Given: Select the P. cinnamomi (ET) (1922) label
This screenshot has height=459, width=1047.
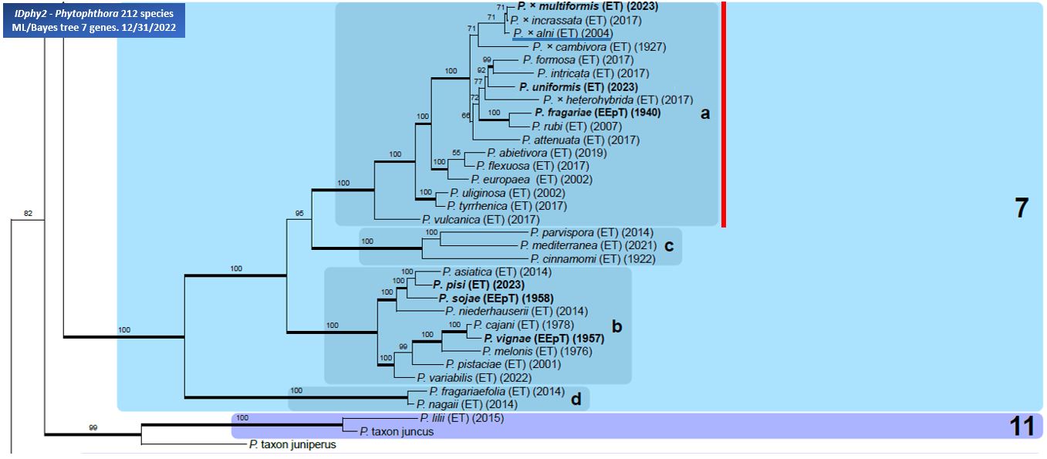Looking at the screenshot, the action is [x=593, y=259].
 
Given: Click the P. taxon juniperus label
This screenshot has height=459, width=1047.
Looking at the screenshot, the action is [x=292, y=444].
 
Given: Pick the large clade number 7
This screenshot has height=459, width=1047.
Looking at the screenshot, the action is [x=1022, y=208].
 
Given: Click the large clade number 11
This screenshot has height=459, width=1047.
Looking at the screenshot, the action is [x=1022, y=426].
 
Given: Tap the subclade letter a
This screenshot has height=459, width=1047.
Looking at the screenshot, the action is [x=705, y=113].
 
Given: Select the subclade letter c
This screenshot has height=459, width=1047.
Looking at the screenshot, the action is [x=669, y=246].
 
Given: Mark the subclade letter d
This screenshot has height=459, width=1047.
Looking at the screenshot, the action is [x=576, y=399].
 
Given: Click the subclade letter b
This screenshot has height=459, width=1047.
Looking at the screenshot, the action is [x=617, y=326].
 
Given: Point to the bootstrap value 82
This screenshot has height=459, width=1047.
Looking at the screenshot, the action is [x=28, y=214].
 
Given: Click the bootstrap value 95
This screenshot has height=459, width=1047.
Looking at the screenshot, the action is [x=299, y=214].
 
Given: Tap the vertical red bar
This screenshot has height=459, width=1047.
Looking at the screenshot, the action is [x=724, y=114].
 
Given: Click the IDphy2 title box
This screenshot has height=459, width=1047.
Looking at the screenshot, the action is [x=94, y=21].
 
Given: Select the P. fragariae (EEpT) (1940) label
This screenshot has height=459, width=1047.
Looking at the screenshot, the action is [x=598, y=113].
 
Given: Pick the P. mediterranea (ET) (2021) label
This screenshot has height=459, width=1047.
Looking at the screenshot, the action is [x=589, y=245].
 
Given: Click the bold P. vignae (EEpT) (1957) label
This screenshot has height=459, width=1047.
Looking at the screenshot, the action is [x=544, y=339].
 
